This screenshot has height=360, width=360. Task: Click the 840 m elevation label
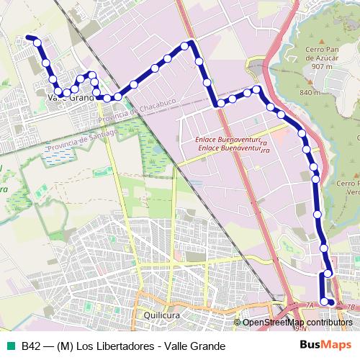[309, 93]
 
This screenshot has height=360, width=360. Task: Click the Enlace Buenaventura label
[233, 143]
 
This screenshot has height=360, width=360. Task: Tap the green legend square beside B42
[11, 346]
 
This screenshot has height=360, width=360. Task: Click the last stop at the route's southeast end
[332, 302]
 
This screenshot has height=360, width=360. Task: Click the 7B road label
[351, 307]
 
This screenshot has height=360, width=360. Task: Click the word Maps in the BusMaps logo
[336, 346]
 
